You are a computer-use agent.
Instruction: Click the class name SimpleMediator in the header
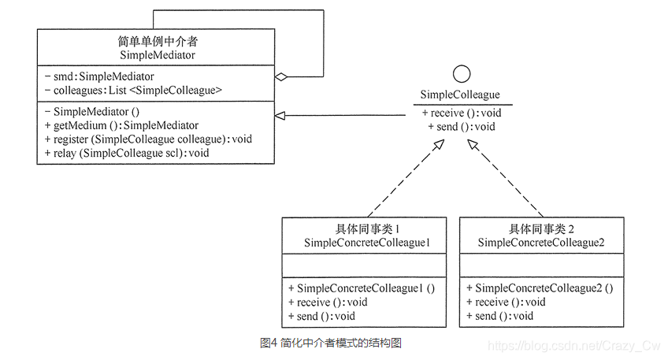point(157,55)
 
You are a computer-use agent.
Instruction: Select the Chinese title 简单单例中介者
point(157,42)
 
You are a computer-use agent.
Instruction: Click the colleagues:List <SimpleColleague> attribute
point(133,91)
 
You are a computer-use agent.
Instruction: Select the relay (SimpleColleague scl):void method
point(127,153)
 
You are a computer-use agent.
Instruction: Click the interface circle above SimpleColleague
point(461,75)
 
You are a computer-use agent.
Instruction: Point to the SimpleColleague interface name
point(460,95)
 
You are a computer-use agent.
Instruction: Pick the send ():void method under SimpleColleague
point(462,126)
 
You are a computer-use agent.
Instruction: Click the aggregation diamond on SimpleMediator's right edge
point(280,76)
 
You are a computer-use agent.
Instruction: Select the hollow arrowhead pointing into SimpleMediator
point(280,116)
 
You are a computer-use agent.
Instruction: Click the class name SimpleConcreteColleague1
point(363,243)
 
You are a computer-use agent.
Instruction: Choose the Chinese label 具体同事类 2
point(541,229)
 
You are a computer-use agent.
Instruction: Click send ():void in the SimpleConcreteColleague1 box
point(321,316)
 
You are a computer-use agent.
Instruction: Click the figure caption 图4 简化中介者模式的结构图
point(331,343)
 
